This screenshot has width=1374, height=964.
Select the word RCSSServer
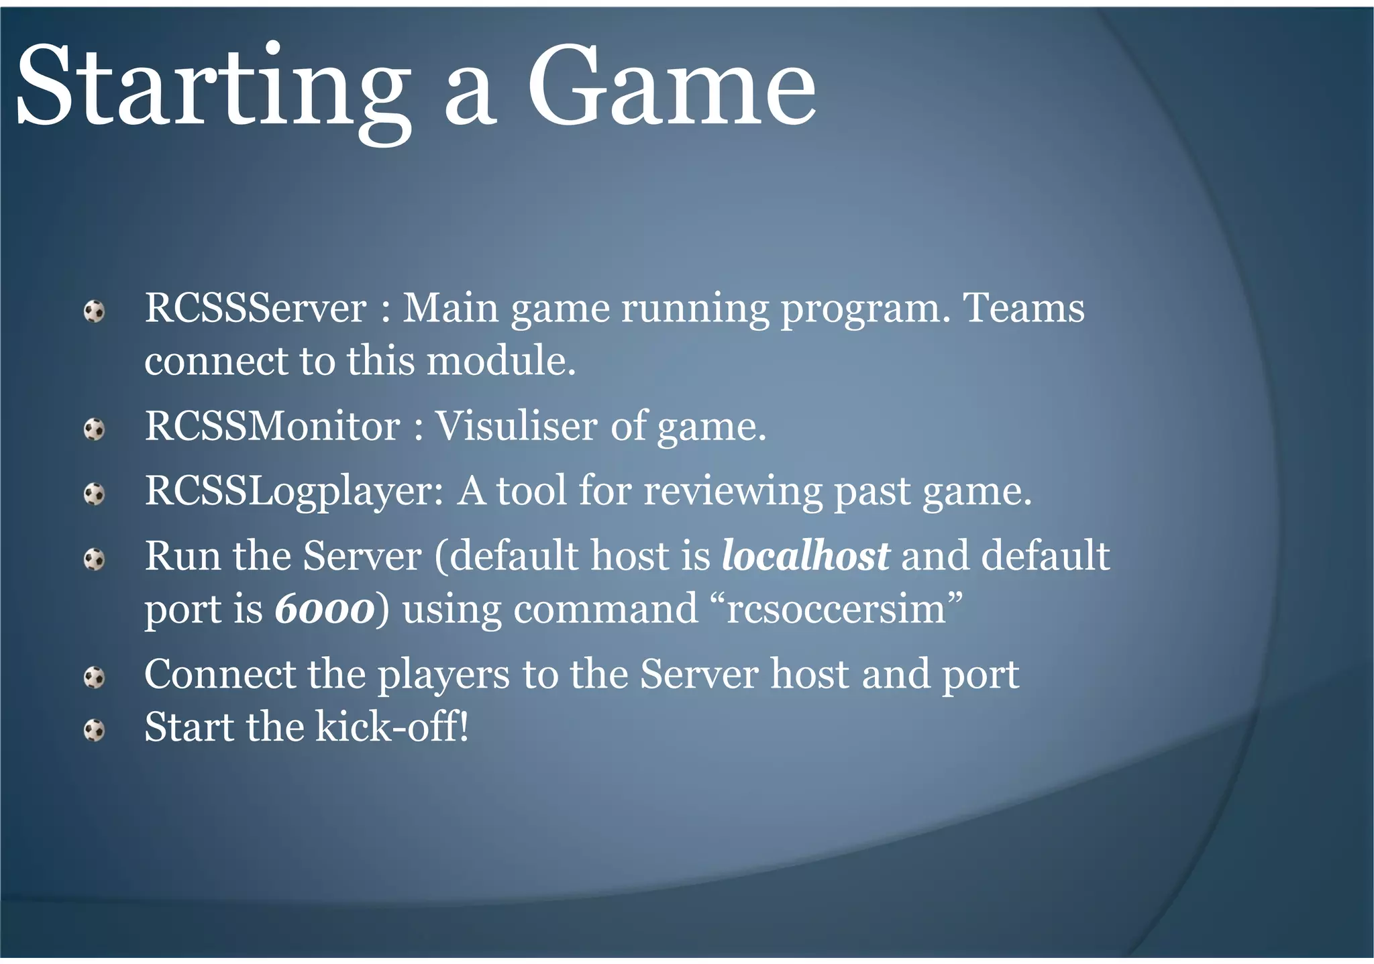256,309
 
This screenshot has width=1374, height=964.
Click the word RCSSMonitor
272,426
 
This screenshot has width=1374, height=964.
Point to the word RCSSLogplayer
293,491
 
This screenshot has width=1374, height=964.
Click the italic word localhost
806,556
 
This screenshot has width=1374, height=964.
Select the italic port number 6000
325,609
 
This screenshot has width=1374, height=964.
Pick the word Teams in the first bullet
1024,309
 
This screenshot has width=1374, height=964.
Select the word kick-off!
392,727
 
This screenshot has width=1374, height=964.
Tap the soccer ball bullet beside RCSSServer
95,312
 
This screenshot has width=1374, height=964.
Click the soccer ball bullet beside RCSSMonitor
95,429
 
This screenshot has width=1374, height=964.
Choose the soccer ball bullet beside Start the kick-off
95,730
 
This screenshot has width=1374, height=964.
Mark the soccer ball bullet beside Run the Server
95,559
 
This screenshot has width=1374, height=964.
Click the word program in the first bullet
865,310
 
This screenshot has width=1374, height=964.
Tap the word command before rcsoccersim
606,609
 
